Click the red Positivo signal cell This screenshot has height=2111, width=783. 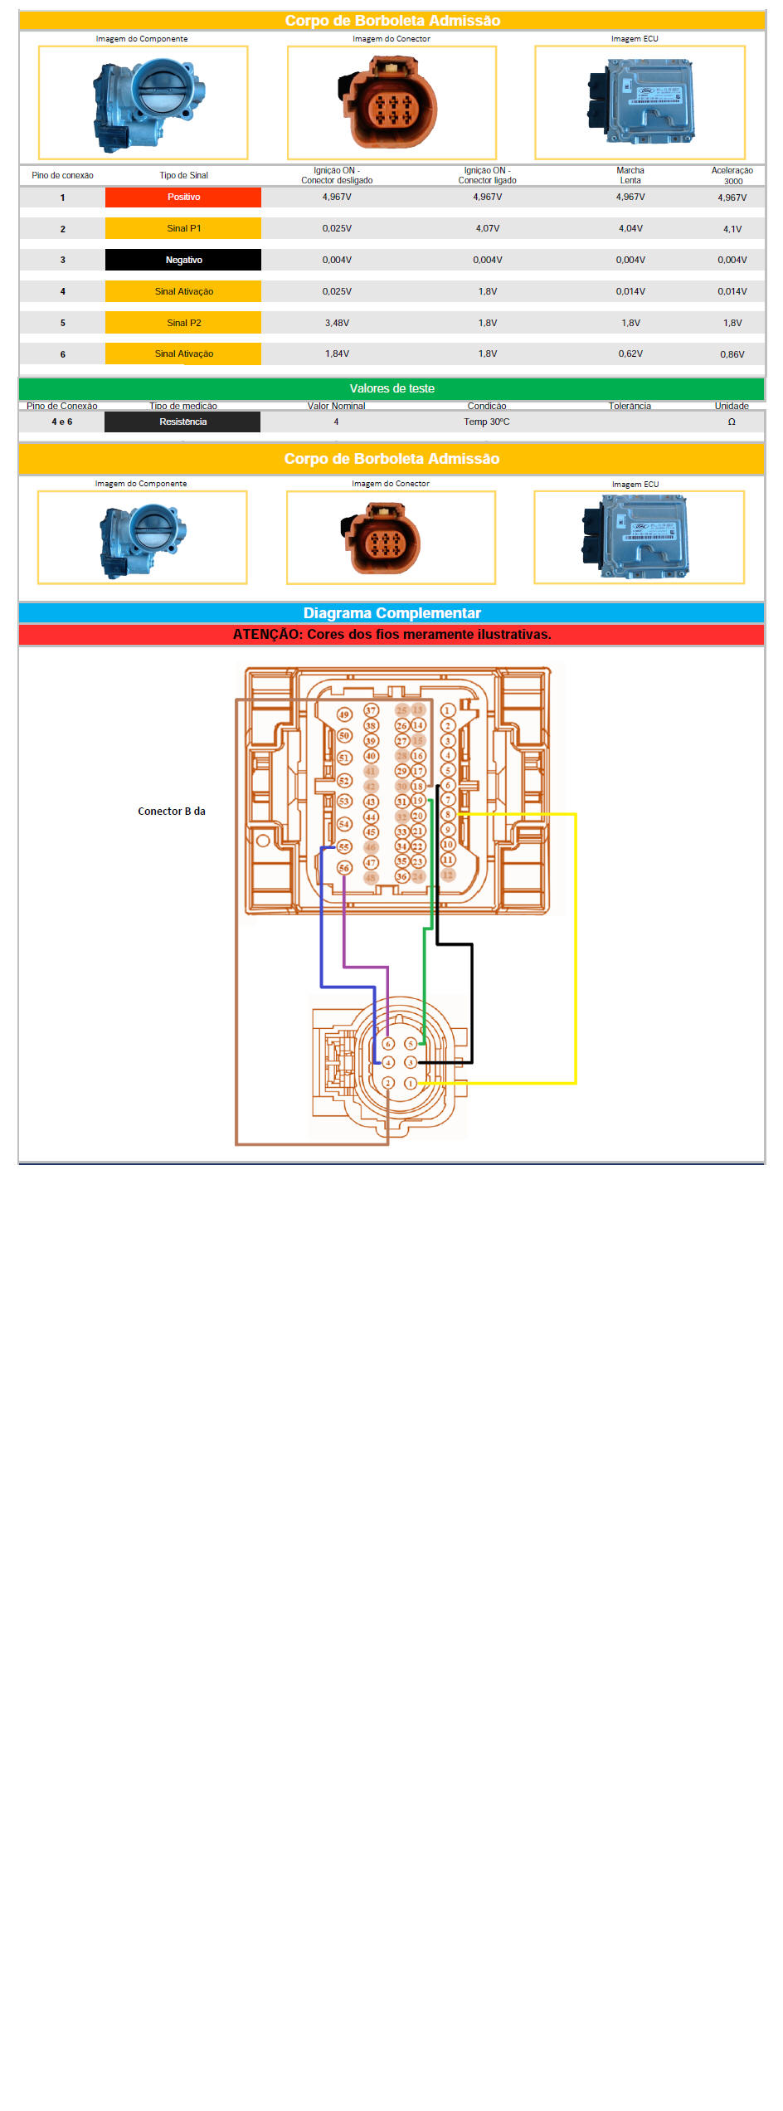point(183,197)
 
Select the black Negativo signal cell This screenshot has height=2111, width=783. point(183,261)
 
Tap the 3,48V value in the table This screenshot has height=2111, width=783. point(337,324)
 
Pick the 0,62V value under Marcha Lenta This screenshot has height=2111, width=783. point(630,354)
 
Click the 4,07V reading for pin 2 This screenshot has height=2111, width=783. point(488,229)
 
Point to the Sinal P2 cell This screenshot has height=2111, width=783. point(183,324)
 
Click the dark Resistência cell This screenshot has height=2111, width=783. point(182,422)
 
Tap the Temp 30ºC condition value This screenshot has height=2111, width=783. point(487,422)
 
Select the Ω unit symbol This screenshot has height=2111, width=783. point(732,422)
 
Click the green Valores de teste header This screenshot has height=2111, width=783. point(391,389)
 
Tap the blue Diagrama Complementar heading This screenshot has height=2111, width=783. point(391,613)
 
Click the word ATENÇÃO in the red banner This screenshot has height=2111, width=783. point(266,635)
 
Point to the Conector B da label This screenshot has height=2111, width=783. point(172,812)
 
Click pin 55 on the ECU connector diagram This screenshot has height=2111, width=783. point(344,846)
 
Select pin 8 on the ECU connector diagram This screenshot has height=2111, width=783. point(448,815)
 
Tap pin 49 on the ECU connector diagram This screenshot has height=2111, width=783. point(344,714)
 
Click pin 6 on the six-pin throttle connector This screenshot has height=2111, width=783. point(388,1044)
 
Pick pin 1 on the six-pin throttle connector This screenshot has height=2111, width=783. point(411,1083)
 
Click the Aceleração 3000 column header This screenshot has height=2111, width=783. point(732,176)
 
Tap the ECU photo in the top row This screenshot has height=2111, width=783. point(640,102)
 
